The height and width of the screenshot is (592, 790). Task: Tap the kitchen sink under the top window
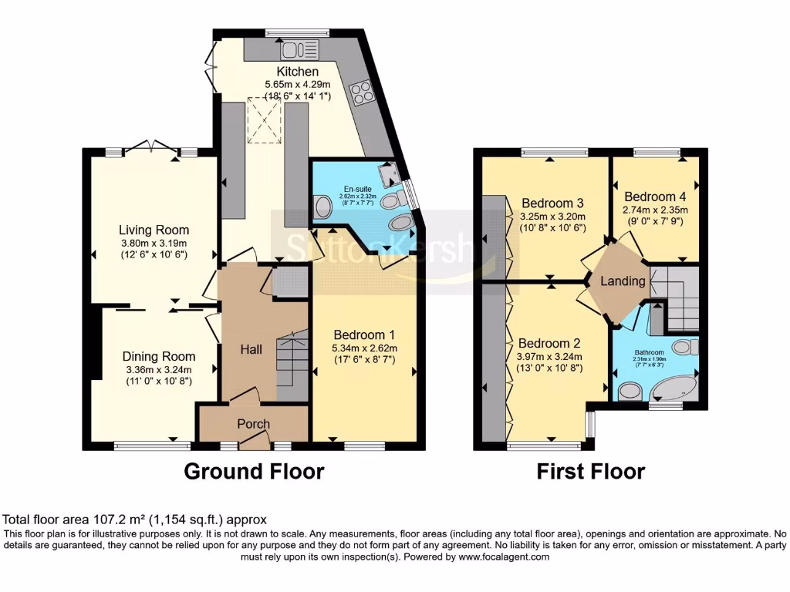[299, 50]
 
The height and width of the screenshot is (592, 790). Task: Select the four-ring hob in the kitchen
[360, 92]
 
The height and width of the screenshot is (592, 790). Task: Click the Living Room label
[154, 230]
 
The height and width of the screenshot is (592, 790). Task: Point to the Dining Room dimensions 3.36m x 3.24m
[157, 369]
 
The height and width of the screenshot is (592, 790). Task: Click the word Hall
[251, 349]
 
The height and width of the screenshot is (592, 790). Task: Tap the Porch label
[253, 424]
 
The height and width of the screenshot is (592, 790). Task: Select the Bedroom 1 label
[364, 335]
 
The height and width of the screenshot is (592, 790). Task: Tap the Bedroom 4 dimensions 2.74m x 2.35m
[655, 209]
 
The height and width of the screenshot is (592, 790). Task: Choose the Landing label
[623, 281]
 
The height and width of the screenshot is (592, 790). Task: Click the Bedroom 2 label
[549, 343]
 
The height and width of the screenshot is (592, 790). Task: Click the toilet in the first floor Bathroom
[684, 348]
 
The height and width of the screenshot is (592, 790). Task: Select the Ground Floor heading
[253, 470]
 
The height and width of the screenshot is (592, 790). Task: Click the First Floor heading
[590, 470]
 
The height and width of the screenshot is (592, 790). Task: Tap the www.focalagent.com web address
[503, 557]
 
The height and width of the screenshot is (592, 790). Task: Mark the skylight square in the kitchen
[262, 123]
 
